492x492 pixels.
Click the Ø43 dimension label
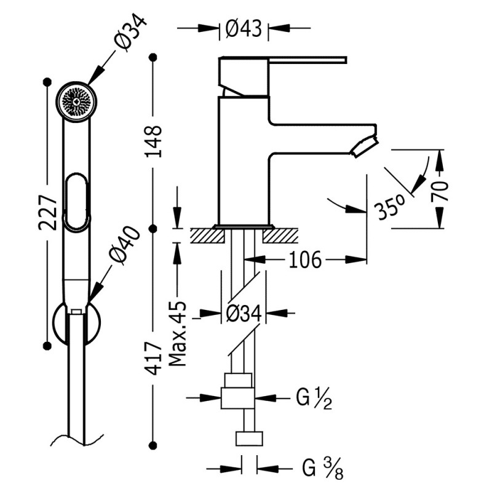(244, 28)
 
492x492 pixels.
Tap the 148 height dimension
(153, 141)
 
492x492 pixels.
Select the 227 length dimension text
(48, 212)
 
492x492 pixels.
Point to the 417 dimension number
(153, 359)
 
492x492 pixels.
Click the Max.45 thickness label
(178, 334)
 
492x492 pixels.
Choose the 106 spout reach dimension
(305, 260)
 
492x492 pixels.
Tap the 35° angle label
(391, 207)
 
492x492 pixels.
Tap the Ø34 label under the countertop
(244, 313)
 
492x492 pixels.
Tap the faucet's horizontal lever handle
(307, 60)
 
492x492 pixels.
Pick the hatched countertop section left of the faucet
(208, 236)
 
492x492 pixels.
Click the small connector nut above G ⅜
(249, 438)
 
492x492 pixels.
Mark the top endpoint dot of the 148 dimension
(153, 57)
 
